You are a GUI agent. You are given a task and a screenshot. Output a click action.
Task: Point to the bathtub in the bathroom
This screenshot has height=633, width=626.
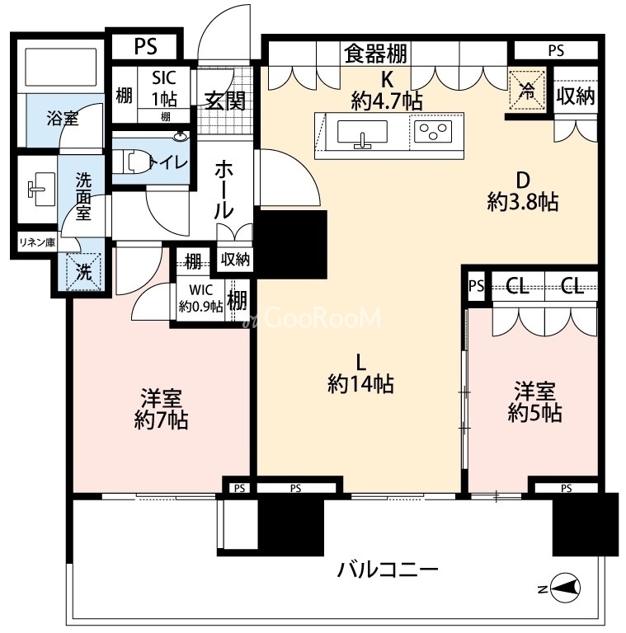(x=61, y=67)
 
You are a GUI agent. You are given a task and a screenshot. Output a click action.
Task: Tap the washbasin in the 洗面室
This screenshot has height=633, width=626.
(x=40, y=189)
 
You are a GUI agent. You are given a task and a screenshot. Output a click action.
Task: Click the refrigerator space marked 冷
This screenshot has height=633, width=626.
(x=527, y=91)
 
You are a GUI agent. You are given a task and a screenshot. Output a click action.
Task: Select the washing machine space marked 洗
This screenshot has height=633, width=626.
(x=83, y=271)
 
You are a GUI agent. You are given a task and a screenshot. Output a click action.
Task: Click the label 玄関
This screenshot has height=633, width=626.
(x=225, y=101)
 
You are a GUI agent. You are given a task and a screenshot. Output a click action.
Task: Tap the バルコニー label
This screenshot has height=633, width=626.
(x=388, y=571)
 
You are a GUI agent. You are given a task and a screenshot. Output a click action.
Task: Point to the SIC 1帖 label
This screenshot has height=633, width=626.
(x=164, y=88)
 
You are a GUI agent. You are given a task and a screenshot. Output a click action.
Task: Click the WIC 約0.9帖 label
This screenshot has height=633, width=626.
(x=200, y=298)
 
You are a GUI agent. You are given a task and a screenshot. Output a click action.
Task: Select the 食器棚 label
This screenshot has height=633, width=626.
(x=375, y=54)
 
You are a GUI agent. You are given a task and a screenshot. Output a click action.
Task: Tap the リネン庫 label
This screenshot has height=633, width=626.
(x=38, y=242)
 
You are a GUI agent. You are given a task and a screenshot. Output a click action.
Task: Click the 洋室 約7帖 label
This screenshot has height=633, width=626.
(x=161, y=409)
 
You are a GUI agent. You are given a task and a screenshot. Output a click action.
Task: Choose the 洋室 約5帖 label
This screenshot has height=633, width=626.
(x=534, y=401)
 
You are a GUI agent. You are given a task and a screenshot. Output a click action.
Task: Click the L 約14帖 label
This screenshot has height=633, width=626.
(x=360, y=374)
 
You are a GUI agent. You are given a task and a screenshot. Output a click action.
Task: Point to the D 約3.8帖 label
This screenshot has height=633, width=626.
(x=523, y=191)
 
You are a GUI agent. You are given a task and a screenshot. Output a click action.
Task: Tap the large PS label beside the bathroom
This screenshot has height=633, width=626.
(x=146, y=46)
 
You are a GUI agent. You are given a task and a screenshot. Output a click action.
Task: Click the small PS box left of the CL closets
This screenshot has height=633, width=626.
(x=477, y=286)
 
